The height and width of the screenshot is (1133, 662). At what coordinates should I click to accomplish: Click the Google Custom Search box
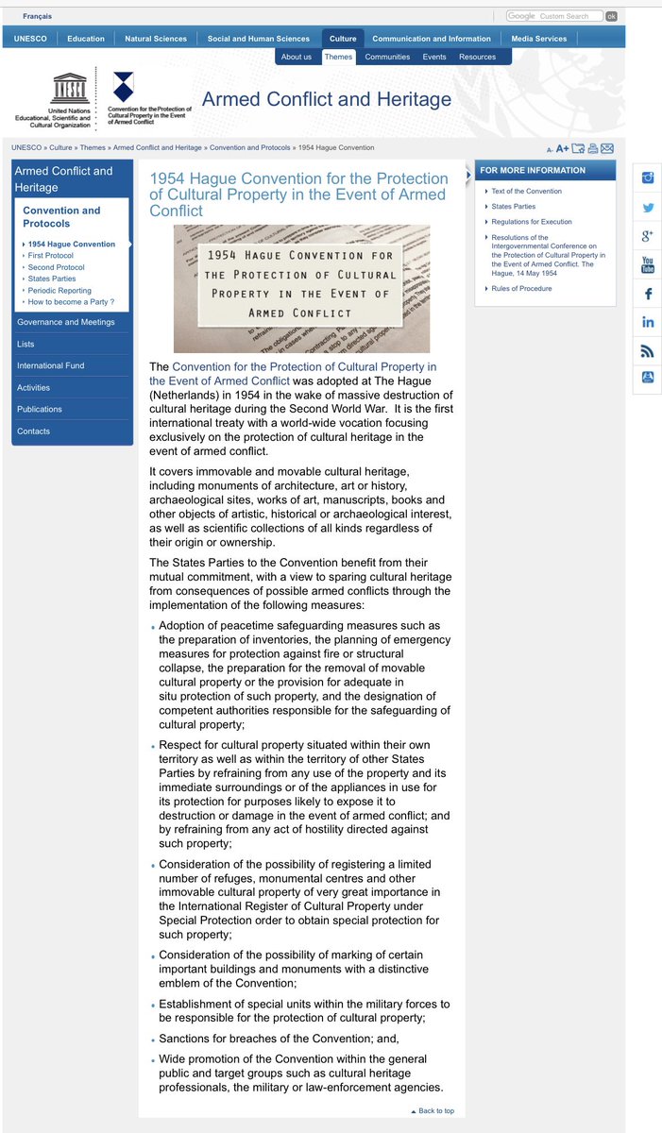pyautogui.click(x=554, y=16)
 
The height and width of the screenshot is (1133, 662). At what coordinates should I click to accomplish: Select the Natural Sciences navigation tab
pyautogui.click(x=156, y=39)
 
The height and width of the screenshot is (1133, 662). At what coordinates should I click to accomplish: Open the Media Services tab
pyautogui.click(x=539, y=39)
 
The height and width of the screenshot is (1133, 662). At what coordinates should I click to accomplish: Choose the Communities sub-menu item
pyautogui.click(x=387, y=57)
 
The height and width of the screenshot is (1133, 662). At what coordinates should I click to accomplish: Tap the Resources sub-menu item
pyautogui.click(x=477, y=57)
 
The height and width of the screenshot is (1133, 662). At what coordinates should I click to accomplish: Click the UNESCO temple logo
pyautogui.click(x=72, y=91)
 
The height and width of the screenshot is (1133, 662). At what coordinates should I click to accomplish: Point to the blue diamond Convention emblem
pyautogui.click(x=123, y=87)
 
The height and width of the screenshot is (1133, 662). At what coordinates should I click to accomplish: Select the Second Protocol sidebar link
pyautogui.click(x=57, y=267)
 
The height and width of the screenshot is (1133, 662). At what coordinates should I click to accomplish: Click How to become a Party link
pyautogui.click(x=71, y=302)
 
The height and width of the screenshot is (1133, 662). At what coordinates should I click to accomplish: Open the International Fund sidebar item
pyautogui.click(x=46, y=365)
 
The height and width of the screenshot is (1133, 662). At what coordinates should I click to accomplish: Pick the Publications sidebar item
pyautogui.click(x=40, y=409)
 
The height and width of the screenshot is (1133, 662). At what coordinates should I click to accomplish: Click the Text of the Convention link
pyautogui.click(x=526, y=192)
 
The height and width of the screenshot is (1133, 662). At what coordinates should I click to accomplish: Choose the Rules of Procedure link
pyautogui.click(x=521, y=289)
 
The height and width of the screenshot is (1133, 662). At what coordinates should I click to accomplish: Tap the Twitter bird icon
pyautogui.click(x=648, y=208)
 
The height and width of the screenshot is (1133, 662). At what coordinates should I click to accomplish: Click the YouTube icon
pyautogui.click(x=648, y=264)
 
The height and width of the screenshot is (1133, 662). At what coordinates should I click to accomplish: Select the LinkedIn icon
pyautogui.click(x=648, y=322)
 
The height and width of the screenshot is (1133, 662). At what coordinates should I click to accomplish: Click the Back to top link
pyautogui.click(x=435, y=1111)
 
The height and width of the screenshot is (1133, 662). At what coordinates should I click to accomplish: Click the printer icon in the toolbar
pyautogui.click(x=592, y=148)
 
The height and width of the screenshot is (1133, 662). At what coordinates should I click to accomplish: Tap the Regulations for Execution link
pyautogui.click(x=532, y=221)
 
